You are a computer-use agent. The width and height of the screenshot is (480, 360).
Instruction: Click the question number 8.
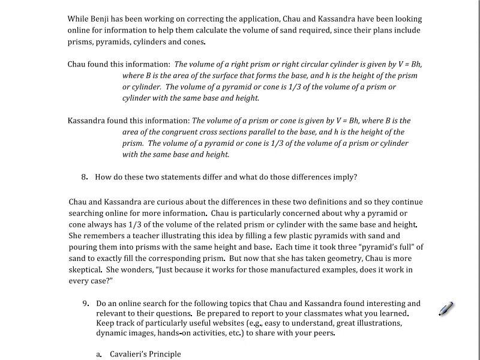pyautogui.click(x=85, y=177)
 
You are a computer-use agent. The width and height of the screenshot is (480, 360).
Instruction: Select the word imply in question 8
pyautogui.click(x=343, y=177)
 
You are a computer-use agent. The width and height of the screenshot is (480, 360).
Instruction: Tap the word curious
pyautogui.click(x=160, y=202)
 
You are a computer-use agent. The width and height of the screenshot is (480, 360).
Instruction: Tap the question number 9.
pyautogui.click(x=86, y=304)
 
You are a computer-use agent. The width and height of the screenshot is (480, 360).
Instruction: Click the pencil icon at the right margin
pyautogui.click(x=446, y=309)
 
